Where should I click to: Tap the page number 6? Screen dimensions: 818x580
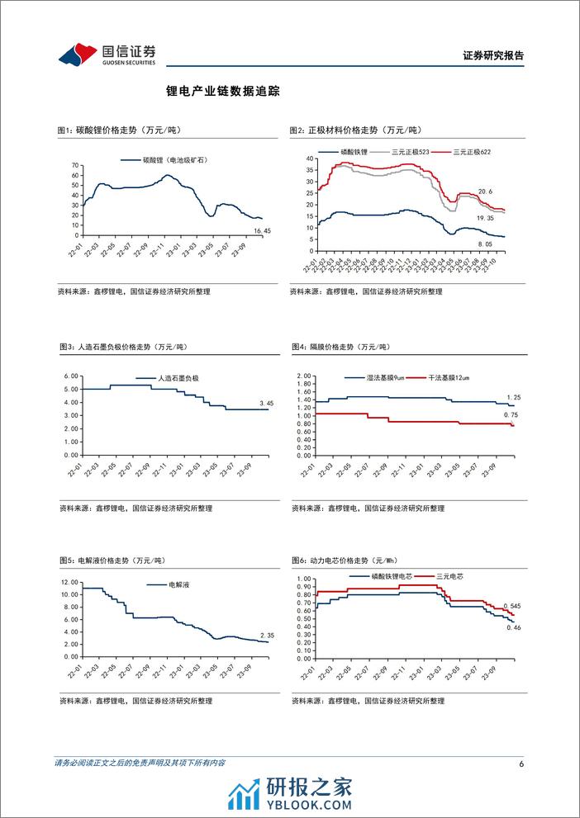coord(522,763)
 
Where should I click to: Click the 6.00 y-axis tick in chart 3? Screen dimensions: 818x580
coord(71,376)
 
